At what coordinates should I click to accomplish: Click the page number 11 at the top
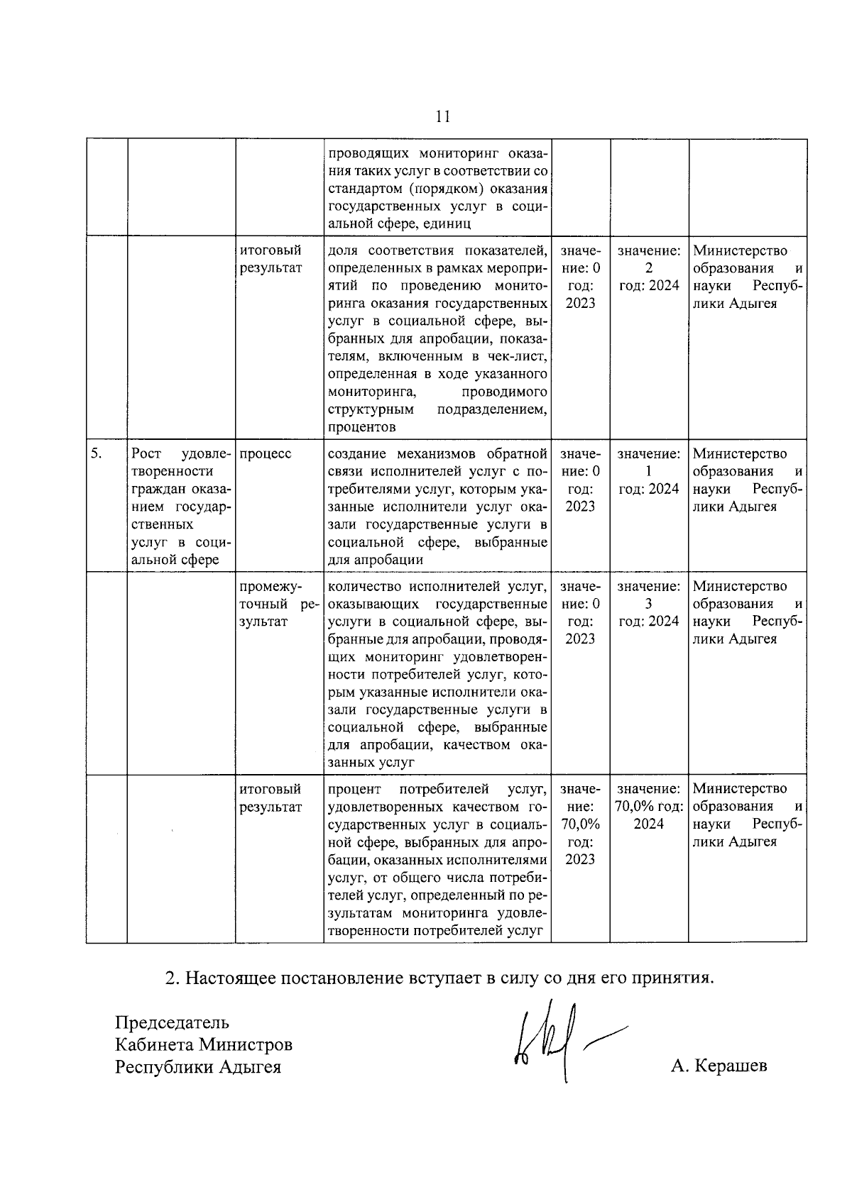pos(442,116)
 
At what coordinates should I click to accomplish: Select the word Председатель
pos(172,1022)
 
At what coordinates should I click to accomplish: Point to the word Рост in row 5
pos(146,453)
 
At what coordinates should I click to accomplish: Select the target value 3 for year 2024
pos(649,604)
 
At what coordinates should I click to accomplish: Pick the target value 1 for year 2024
pos(649,471)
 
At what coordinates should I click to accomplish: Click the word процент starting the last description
pos(354,789)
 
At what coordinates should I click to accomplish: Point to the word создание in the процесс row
pos(359,453)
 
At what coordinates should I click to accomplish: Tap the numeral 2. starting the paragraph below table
pos(171,978)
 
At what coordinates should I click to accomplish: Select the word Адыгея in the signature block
pos(249,1066)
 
